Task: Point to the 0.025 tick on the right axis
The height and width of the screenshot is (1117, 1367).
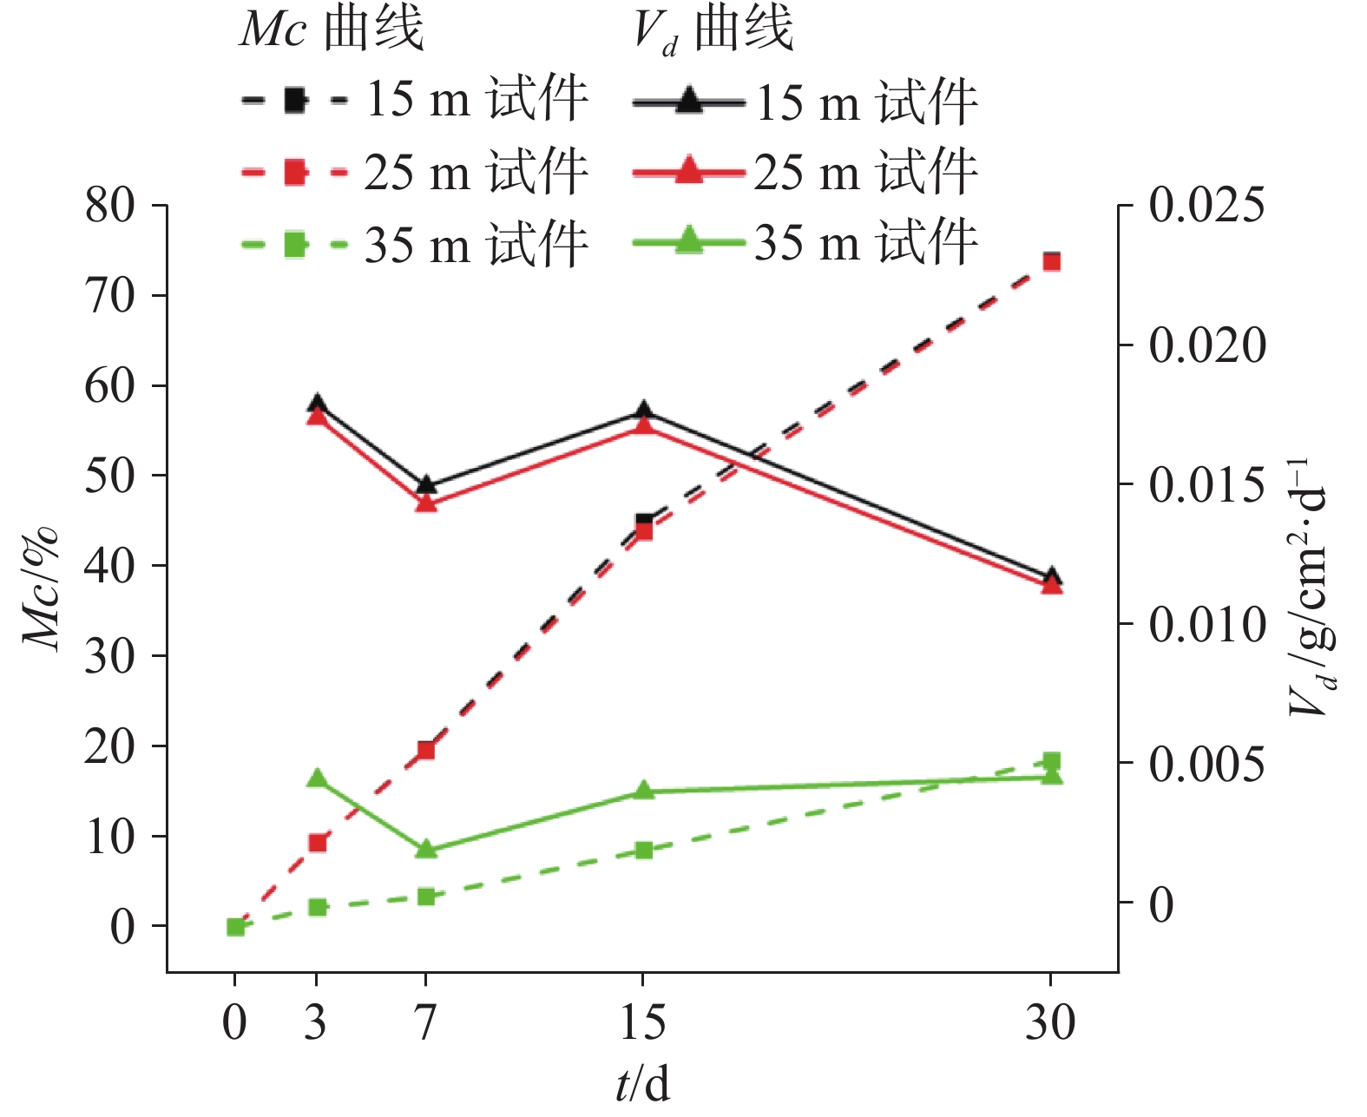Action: tap(1207, 207)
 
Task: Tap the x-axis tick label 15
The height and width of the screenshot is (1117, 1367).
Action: tap(642, 1022)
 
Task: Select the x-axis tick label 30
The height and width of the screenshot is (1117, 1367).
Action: tap(1050, 1022)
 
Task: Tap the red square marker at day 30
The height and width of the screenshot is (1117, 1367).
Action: tap(1051, 262)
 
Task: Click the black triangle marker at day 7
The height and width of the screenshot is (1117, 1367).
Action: tap(425, 485)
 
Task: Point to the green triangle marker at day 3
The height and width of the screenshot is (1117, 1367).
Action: tap(318, 779)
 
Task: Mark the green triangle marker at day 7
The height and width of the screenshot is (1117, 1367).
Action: tap(425, 850)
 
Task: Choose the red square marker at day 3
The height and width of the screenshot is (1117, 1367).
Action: tap(318, 843)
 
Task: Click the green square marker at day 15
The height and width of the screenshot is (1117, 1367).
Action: tap(643, 851)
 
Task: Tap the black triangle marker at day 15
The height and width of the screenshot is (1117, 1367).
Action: tap(643, 411)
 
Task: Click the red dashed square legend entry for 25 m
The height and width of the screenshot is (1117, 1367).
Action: tap(295, 172)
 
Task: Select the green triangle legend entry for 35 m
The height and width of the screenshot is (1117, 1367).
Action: tap(688, 240)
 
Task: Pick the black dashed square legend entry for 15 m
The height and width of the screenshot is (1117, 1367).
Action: tap(295, 100)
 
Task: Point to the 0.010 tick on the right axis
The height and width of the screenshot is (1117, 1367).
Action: tap(1207, 624)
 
